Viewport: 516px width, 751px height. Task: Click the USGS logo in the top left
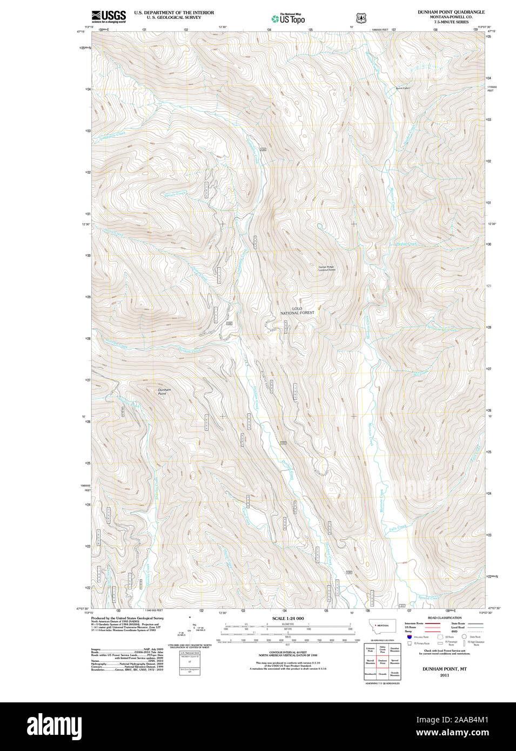[x=109, y=16]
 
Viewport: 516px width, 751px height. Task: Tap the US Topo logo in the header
[x=289, y=18]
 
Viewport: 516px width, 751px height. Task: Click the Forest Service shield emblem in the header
[x=361, y=18]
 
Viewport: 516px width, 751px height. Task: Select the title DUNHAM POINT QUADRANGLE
[x=451, y=12]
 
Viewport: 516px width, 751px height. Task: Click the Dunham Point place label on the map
[x=164, y=392]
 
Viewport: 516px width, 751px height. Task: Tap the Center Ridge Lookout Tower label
[x=327, y=268]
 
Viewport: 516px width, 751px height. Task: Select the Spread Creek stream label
[x=430, y=598]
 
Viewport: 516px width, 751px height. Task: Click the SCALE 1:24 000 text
[x=287, y=618]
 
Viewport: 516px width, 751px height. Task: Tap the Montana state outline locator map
[x=382, y=626]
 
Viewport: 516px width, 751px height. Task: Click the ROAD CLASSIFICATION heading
[x=444, y=618]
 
